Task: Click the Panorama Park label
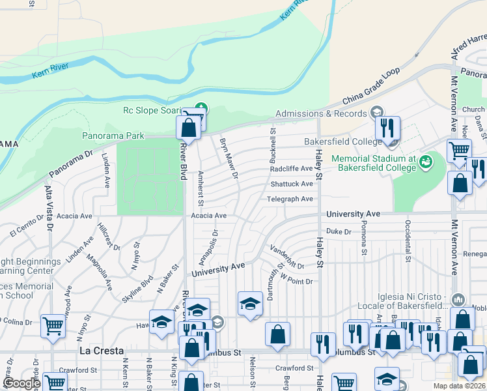pos(113,136)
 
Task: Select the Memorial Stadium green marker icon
pos(426,160)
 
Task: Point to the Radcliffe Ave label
pos(292,169)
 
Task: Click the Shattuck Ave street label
pos(292,184)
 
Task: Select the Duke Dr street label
pos(339,231)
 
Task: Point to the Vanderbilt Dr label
pos(287,256)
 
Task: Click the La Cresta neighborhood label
pos(101,351)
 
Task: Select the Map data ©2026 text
pos(458,386)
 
